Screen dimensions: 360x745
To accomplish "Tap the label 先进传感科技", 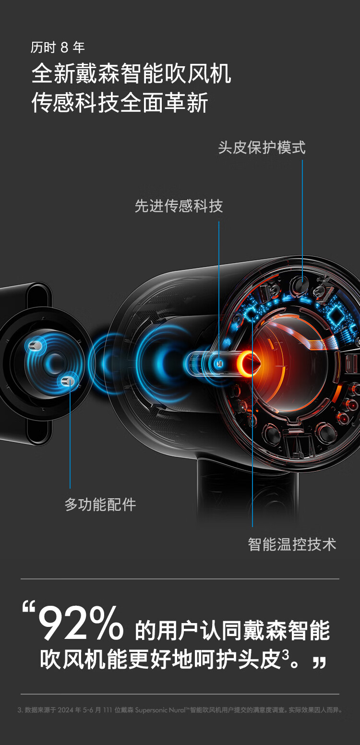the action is tap(179, 206).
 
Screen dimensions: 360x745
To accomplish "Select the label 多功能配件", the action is tap(100, 505).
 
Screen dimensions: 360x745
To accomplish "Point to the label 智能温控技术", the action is tap(292, 544).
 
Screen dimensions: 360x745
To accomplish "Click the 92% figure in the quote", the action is tap(81, 625).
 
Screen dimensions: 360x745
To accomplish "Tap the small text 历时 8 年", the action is tap(58, 48).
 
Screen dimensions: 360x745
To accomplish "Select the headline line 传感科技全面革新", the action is tap(120, 103).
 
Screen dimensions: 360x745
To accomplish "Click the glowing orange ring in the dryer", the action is tap(249, 363).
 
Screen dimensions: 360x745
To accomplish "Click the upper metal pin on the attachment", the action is tap(36, 346).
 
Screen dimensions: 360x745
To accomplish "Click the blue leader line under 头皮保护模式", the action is tap(302, 216).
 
